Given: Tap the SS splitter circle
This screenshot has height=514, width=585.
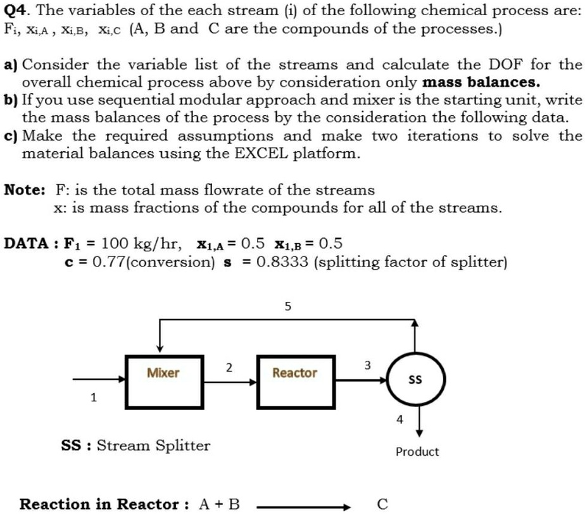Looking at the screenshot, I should pos(415,380).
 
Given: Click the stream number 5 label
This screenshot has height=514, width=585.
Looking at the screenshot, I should pos(288,308).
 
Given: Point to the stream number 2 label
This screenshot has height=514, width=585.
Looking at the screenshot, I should pos(229,368).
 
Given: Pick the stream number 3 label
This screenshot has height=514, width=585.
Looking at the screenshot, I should pos(368,365).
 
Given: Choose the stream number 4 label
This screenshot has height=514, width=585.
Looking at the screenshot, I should pos(399,419).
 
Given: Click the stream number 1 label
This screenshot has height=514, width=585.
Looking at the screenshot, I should pos(94,398).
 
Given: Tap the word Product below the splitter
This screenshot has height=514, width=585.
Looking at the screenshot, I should pos(417,451).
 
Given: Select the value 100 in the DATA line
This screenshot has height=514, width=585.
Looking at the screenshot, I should pos(115,244).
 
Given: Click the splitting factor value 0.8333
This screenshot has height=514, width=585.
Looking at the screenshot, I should pos(279,262).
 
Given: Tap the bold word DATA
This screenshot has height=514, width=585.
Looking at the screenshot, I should pos(25,244).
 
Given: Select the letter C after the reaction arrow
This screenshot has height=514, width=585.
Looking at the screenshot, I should pos(382,504).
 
